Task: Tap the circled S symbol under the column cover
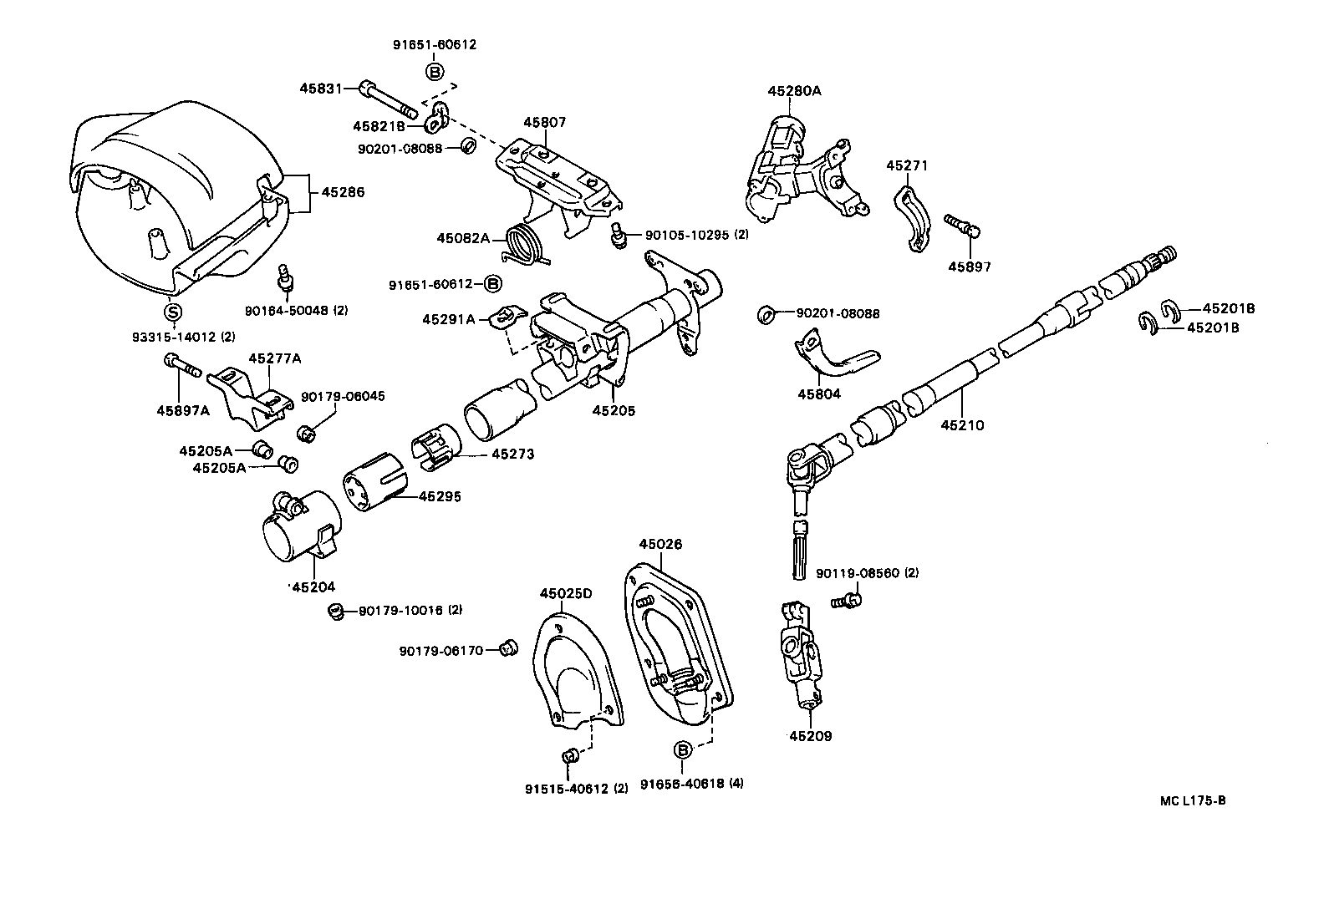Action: [x=171, y=312]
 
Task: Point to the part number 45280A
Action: [x=794, y=90]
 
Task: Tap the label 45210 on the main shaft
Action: [x=962, y=424]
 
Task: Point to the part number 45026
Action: [x=660, y=544]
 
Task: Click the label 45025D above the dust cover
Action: [x=565, y=593]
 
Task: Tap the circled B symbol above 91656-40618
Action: [x=682, y=749]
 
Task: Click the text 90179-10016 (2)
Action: [x=410, y=610]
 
